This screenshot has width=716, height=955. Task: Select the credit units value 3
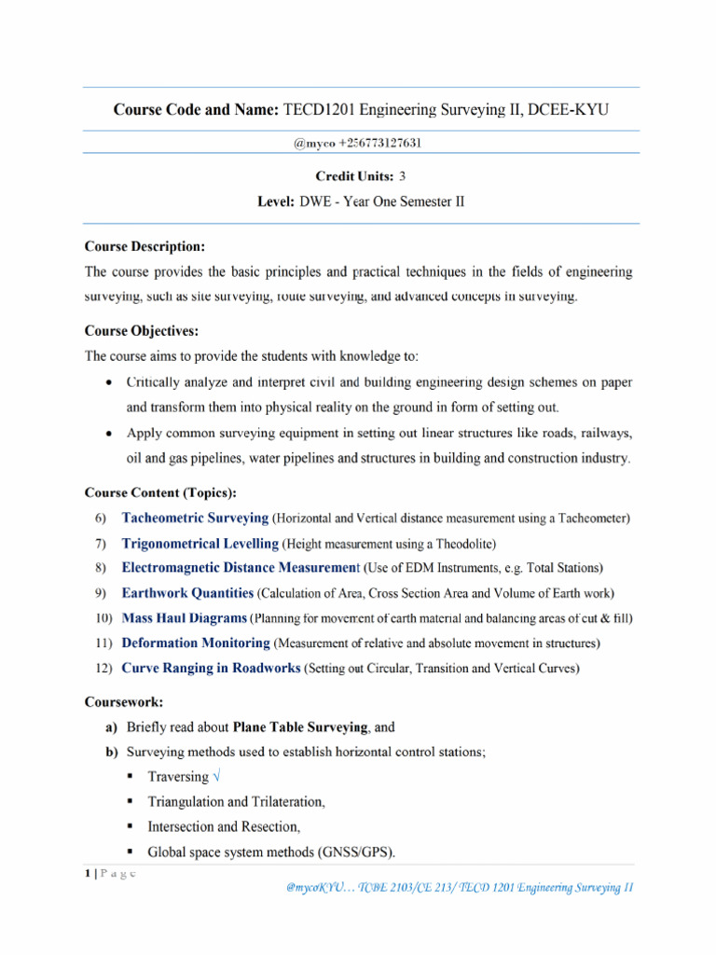tap(402, 175)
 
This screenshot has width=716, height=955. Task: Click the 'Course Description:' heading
tap(145, 247)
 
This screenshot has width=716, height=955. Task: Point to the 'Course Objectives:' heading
tap(142, 331)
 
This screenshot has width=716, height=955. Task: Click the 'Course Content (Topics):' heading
tap(160, 491)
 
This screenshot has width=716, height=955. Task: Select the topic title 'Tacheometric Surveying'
tap(195, 518)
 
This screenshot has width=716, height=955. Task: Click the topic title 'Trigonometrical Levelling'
tap(200, 543)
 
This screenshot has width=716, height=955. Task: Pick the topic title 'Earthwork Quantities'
tap(187, 592)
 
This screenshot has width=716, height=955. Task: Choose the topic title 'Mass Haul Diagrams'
tap(185, 617)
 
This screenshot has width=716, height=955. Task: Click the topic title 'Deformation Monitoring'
tap(196, 643)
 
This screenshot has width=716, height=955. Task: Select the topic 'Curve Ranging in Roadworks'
tap(211, 668)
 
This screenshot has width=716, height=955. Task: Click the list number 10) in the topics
tap(103, 617)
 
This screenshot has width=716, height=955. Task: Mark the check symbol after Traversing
tap(217, 777)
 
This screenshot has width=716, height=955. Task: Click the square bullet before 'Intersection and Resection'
tap(128, 826)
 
